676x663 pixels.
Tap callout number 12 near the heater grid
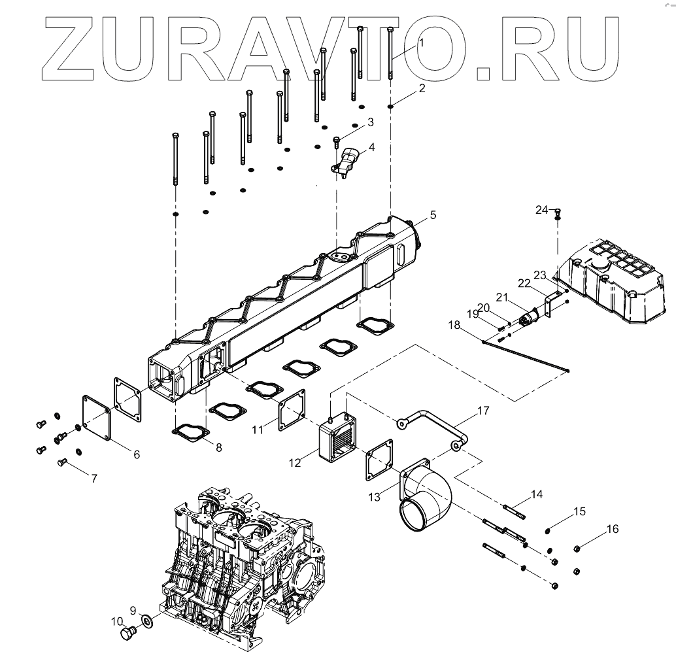click(296, 462)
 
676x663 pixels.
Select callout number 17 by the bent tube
click(482, 411)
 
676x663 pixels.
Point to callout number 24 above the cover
click(542, 210)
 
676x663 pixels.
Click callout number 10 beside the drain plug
click(117, 621)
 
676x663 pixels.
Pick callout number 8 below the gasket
click(218, 448)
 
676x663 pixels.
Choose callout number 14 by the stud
click(537, 494)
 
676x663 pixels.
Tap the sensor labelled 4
click(348, 161)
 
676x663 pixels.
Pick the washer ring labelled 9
click(147, 620)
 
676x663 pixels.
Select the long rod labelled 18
click(523, 356)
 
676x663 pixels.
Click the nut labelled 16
click(578, 548)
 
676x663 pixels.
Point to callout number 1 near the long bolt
click(422, 42)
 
